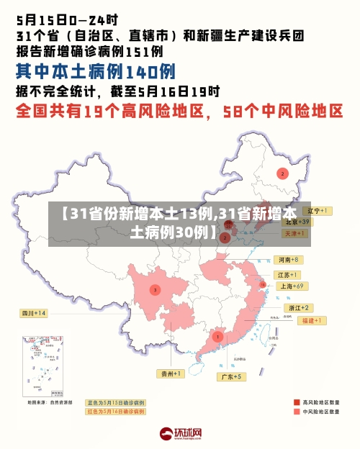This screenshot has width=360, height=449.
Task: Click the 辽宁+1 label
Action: point(316,211)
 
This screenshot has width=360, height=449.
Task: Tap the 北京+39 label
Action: point(296,222)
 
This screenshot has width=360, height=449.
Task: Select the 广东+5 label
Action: point(233,376)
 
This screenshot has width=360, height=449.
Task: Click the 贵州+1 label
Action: point(171,373)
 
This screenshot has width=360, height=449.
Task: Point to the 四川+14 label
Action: point(33,313)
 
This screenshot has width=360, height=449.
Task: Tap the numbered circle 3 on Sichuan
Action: point(155,290)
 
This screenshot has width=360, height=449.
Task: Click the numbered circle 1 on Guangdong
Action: point(217,336)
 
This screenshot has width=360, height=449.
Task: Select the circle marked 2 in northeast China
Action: point(282,173)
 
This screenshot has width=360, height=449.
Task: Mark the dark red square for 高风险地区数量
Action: point(297,402)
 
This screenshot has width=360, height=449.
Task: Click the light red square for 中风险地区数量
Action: point(297,412)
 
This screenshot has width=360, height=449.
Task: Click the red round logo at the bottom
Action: point(166,433)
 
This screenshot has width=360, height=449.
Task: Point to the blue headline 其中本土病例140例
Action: point(96,71)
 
